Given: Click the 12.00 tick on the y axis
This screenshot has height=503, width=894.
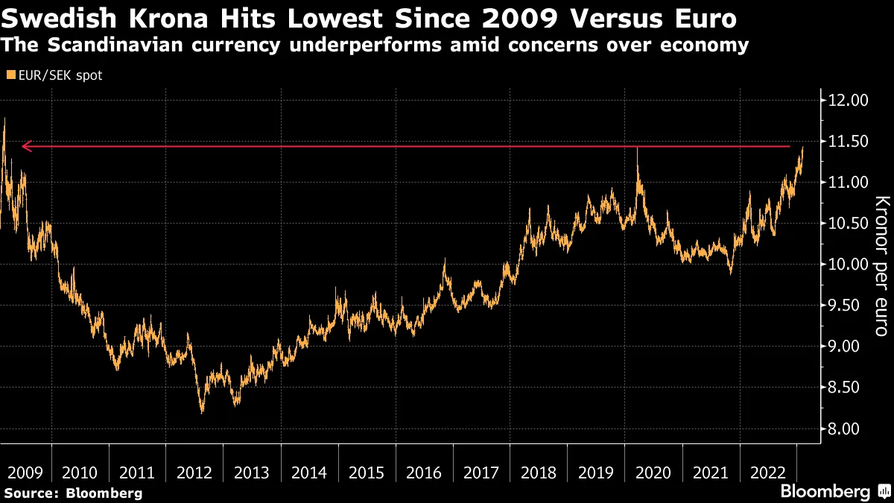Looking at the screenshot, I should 848,101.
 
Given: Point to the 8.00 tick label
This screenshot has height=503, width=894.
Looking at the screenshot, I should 848,428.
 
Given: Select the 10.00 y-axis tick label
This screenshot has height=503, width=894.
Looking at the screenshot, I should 848,265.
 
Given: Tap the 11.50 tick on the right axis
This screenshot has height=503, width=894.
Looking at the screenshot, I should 848,142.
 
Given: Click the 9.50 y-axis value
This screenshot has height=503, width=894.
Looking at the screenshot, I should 848,306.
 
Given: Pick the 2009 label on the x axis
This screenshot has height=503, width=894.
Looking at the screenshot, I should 24,472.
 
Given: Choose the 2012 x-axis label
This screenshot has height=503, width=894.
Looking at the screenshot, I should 194,472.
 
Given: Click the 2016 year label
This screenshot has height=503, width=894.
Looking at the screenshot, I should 424,472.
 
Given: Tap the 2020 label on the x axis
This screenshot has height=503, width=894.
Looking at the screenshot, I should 653,472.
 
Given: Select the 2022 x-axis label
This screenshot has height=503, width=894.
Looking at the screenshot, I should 768,472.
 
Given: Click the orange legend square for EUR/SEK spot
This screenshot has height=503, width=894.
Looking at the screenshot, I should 10,75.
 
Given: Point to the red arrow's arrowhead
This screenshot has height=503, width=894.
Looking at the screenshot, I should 25,147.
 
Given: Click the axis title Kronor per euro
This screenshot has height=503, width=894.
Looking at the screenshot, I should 881,265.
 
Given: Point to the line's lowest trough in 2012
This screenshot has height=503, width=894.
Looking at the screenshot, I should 201,411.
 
